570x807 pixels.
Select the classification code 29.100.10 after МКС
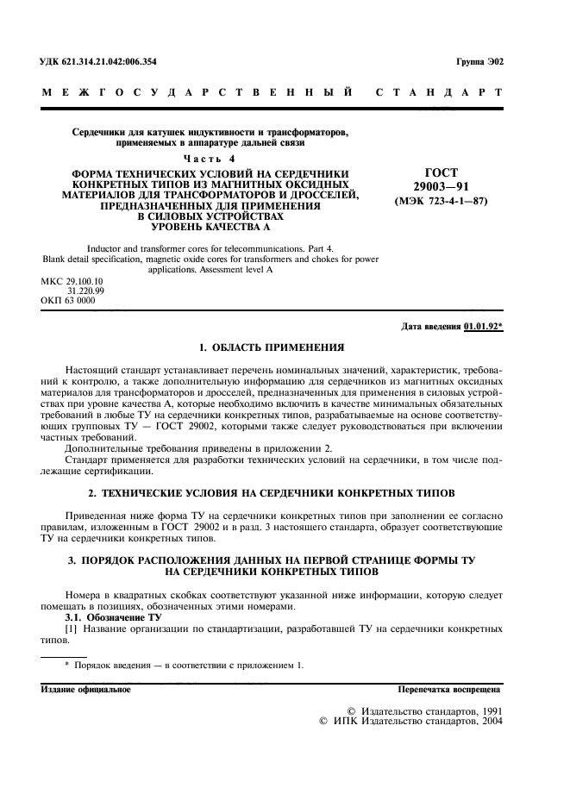tap(85, 281)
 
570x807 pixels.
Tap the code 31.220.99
tap(85, 291)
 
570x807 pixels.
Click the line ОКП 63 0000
tap(68, 300)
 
